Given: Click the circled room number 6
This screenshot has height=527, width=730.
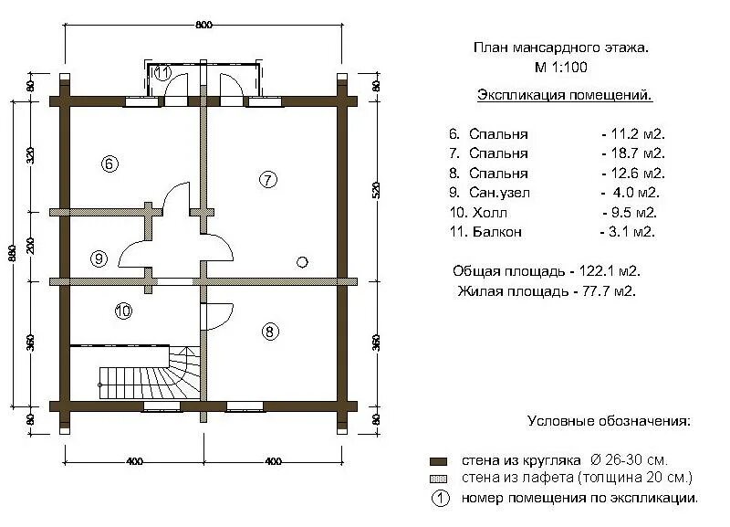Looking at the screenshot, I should click(x=108, y=164).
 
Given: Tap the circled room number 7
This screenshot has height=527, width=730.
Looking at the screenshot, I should click(x=267, y=179).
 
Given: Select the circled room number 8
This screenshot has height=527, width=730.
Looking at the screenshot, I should click(x=269, y=332).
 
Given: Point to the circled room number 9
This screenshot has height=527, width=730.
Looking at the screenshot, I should click(x=99, y=258).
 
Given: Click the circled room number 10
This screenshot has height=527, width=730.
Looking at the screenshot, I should click(x=123, y=311).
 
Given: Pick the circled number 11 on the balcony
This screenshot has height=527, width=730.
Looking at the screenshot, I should click(x=162, y=73).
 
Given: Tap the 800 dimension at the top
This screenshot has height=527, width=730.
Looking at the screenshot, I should click(x=203, y=25).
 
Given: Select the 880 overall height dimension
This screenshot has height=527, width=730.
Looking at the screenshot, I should click(x=12, y=252).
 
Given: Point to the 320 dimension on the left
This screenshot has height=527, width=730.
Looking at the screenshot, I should click(x=30, y=154).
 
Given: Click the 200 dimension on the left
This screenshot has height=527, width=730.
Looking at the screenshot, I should click(x=30, y=245).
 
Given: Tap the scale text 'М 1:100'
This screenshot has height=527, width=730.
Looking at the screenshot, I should click(x=561, y=67).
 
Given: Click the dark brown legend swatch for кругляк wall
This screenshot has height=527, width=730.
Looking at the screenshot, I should click(x=438, y=461).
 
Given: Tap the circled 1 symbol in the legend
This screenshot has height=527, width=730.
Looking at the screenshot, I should click(x=439, y=499).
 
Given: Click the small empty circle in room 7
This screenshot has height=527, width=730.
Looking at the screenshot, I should click(x=302, y=262).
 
